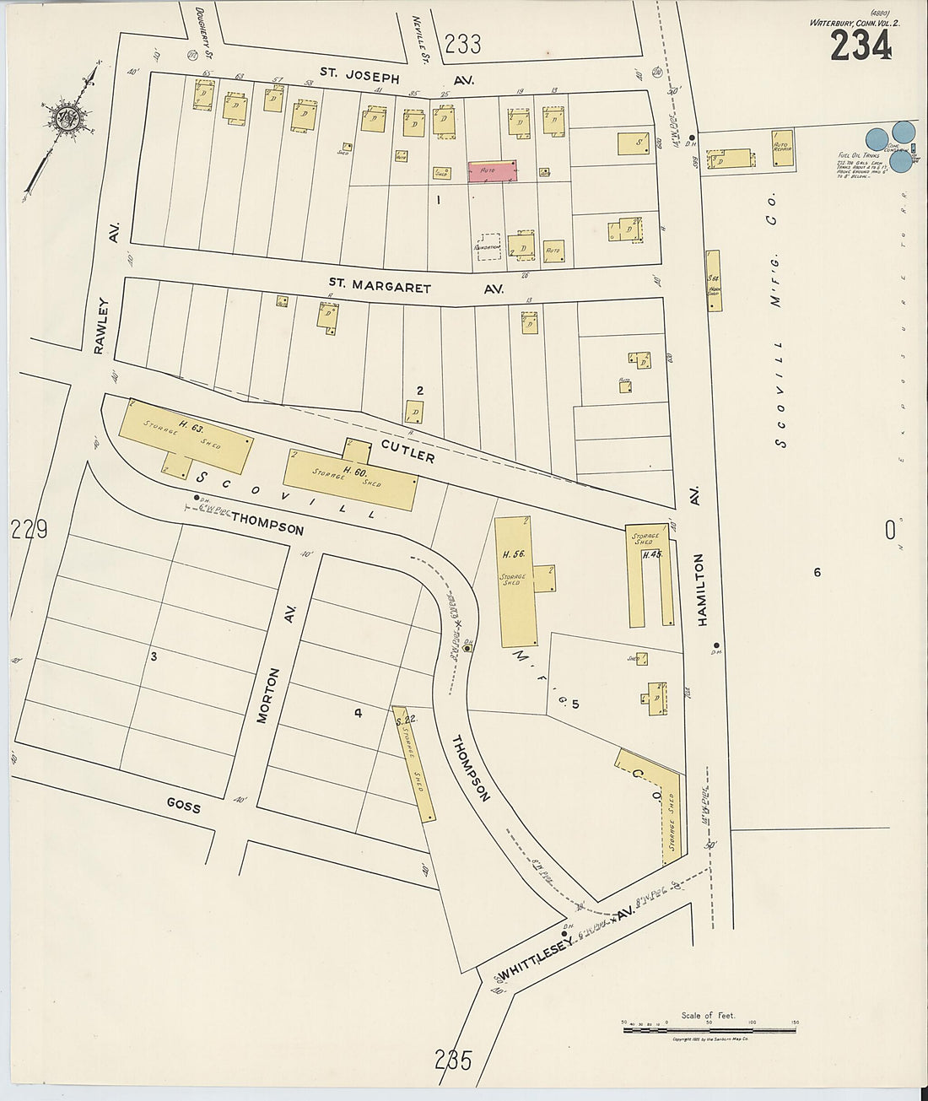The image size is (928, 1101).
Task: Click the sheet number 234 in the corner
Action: [861, 46]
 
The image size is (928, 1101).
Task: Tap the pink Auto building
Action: [492, 171]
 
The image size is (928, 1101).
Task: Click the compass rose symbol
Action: [64, 118]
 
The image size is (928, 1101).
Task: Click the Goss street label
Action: [183, 806]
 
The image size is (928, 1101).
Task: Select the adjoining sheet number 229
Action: [29, 530]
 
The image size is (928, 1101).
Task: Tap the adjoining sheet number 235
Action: [453, 1060]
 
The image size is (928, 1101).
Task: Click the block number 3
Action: [154, 656]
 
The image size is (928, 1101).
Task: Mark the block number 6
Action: [817, 573]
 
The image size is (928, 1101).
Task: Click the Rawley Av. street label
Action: [105, 287]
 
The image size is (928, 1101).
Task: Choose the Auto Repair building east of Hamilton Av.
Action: [782, 148]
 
